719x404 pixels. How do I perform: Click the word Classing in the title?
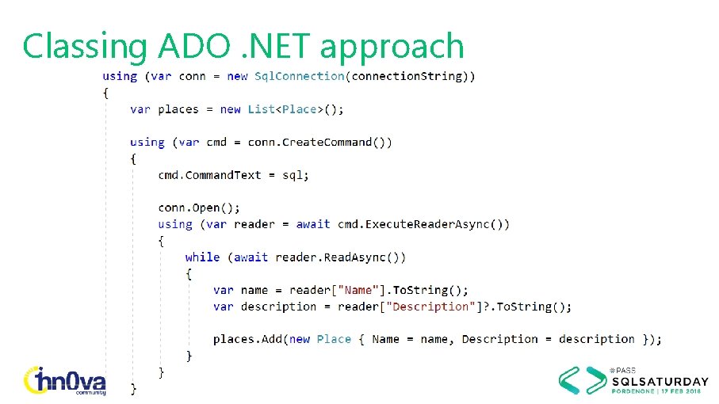pos(84,46)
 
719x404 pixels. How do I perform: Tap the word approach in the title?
pos(392,48)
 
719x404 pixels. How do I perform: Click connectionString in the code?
pos(411,76)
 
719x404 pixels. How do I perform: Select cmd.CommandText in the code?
pos(209,175)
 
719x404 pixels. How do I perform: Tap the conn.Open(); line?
pos(199,208)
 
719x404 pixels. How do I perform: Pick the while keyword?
pos(202,257)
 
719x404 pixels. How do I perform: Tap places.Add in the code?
pos(247,339)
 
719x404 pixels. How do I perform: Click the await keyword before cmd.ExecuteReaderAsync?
pos(313,224)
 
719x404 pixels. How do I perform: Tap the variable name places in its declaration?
pos(178,109)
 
